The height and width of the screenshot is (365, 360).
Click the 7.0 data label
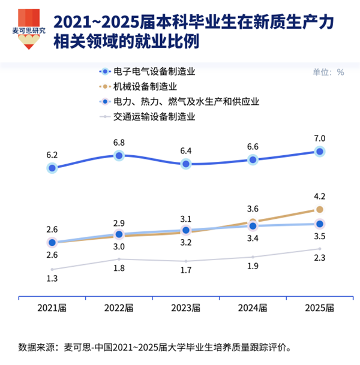[x=319, y=138]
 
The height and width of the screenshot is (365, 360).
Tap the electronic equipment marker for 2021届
[x=52, y=168]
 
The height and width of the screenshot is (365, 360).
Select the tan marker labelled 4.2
[x=320, y=210]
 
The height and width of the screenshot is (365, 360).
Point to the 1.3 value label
[x=52, y=279]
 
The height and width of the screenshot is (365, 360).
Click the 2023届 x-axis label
[x=186, y=308]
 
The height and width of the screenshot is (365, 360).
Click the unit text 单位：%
[x=328, y=72]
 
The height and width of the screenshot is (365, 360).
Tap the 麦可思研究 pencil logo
[x=29, y=29]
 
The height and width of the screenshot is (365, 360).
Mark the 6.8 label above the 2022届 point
[x=119, y=143]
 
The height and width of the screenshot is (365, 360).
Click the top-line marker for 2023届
[x=186, y=164]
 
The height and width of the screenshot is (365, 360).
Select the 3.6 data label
[x=253, y=209]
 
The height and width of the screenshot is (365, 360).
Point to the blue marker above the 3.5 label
[x=320, y=224]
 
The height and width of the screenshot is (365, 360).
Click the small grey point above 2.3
[x=320, y=249]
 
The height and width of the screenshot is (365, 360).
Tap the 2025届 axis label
[x=319, y=308]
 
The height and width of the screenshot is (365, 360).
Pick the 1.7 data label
[x=186, y=270]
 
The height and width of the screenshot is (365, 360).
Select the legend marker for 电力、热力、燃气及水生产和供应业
[x=105, y=101]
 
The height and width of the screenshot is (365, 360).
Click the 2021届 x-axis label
[x=52, y=308]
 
